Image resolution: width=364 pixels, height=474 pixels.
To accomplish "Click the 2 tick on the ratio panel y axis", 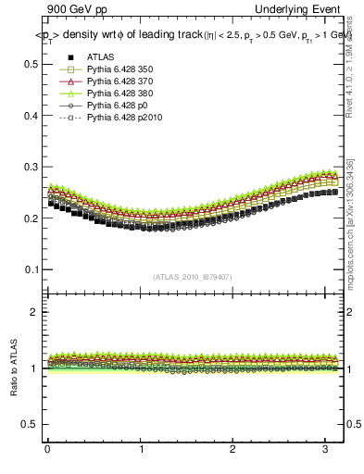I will point(36,312).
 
